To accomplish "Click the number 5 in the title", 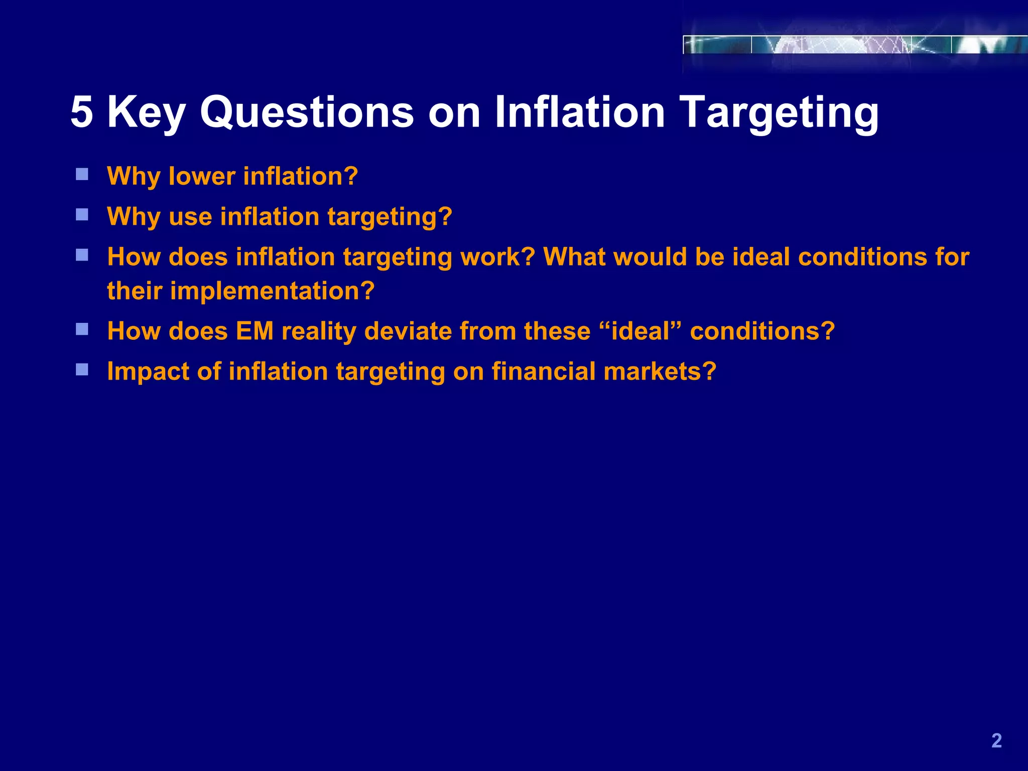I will click(82, 112).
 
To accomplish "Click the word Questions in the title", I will click(307, 112).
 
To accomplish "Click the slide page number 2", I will click(996, 741).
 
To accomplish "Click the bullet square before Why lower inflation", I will click(82, 175).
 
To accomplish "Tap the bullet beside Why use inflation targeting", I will click(82, 215).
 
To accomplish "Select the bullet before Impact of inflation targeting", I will click(82, 370).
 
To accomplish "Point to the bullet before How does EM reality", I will click(82, 329).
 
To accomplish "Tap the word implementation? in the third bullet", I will click(273, 291).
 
